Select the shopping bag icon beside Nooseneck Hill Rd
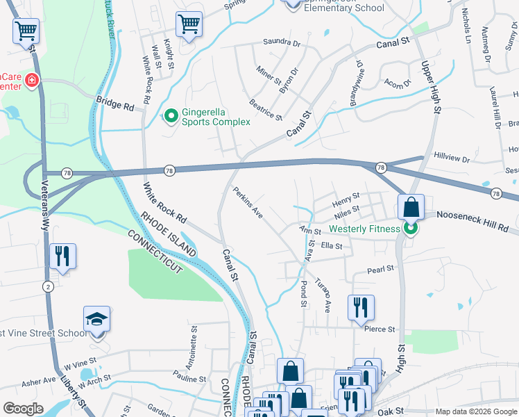pyautogui.click(x=411, y=206)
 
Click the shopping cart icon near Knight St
pyautogui.click(x=189, y=24)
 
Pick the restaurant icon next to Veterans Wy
pyautogui.click(x=62, y=256)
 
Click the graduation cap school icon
pyautogui.click(x=97, y=319)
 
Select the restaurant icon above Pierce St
pyautogui.click(x=360, y=307)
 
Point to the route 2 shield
pyautogui.click(x=47, y=286)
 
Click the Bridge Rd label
pyautogui.click(x=115, y=104)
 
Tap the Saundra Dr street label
pyautogui.click(x=281, y=42)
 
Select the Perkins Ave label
pyautogui.click(x=248, y=203)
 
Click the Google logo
pyautogui.click(x=23, y=409)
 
